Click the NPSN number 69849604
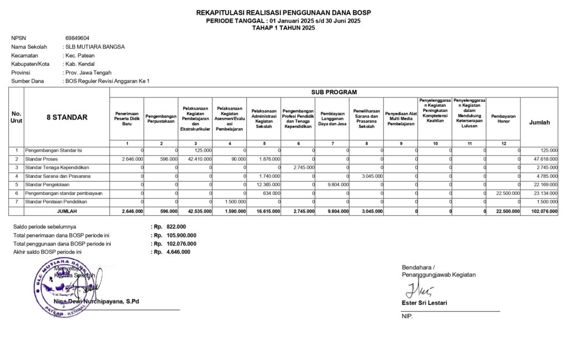click(x=78, y=38)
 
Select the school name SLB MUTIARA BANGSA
click(x=95, y=47)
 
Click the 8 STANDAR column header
click(x=66, y=117)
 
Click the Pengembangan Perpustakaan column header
click(x=161, y=119)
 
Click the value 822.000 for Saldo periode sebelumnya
click(x=176, y=227)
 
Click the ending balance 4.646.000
click(x=178, y=252)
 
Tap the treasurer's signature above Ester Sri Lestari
click(x=414, y=289)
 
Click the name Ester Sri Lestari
click(x=425, y=303)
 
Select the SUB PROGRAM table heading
click(x=334, y=92)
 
